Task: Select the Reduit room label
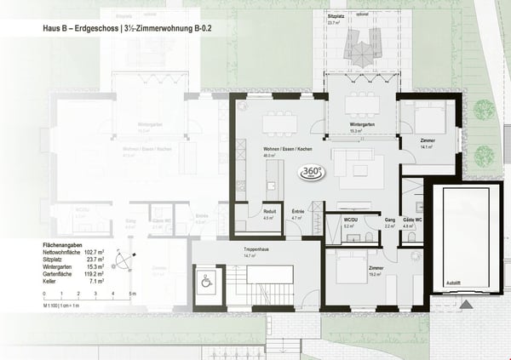244,214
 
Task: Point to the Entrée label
298,214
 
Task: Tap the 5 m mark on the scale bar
132,294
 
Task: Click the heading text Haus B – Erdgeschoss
79,28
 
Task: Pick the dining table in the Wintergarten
362,106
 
